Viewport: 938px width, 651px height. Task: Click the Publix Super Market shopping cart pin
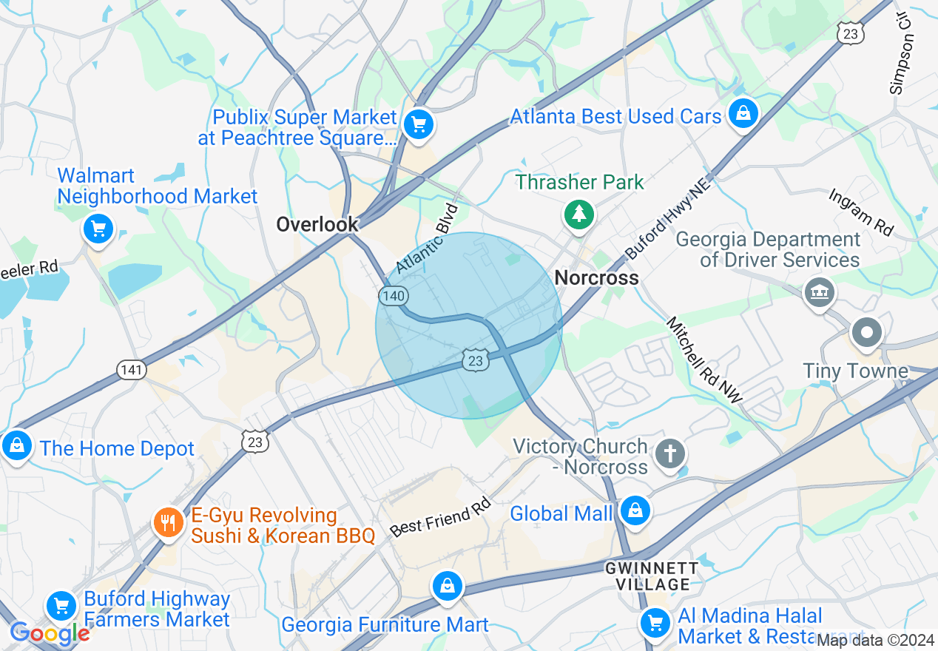(x=419, y=124)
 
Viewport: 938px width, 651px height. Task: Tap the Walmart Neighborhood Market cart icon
(x=98, y=228)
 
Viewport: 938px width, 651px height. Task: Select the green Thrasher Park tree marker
(x=579, y=215)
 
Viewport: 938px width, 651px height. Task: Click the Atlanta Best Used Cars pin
(x=740, y=113)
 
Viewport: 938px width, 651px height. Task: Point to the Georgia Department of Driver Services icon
(x=819, y=293)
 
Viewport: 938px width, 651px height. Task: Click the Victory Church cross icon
(x=670, y=453)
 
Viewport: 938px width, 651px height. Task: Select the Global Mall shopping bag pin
(x=635, y=510)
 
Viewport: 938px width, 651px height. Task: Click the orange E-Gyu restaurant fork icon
(x=169, y=523)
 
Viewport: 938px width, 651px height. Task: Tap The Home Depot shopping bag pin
(x=16, y=445)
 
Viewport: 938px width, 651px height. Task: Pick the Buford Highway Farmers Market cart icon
(x=61, y=607)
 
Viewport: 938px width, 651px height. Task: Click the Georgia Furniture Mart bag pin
(x=447, y=586)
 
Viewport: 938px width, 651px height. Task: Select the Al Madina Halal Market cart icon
(x=655, y=621)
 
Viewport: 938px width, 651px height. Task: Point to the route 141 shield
(x=131, y=369)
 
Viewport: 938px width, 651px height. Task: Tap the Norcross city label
(x=596, y=278)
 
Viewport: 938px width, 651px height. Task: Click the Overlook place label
(x=317, y=224)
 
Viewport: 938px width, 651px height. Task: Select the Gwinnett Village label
(x=652, y=576)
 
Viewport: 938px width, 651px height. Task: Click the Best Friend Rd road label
(x=440, y=517)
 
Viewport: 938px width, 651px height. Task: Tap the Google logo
(x=50, y=633)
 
